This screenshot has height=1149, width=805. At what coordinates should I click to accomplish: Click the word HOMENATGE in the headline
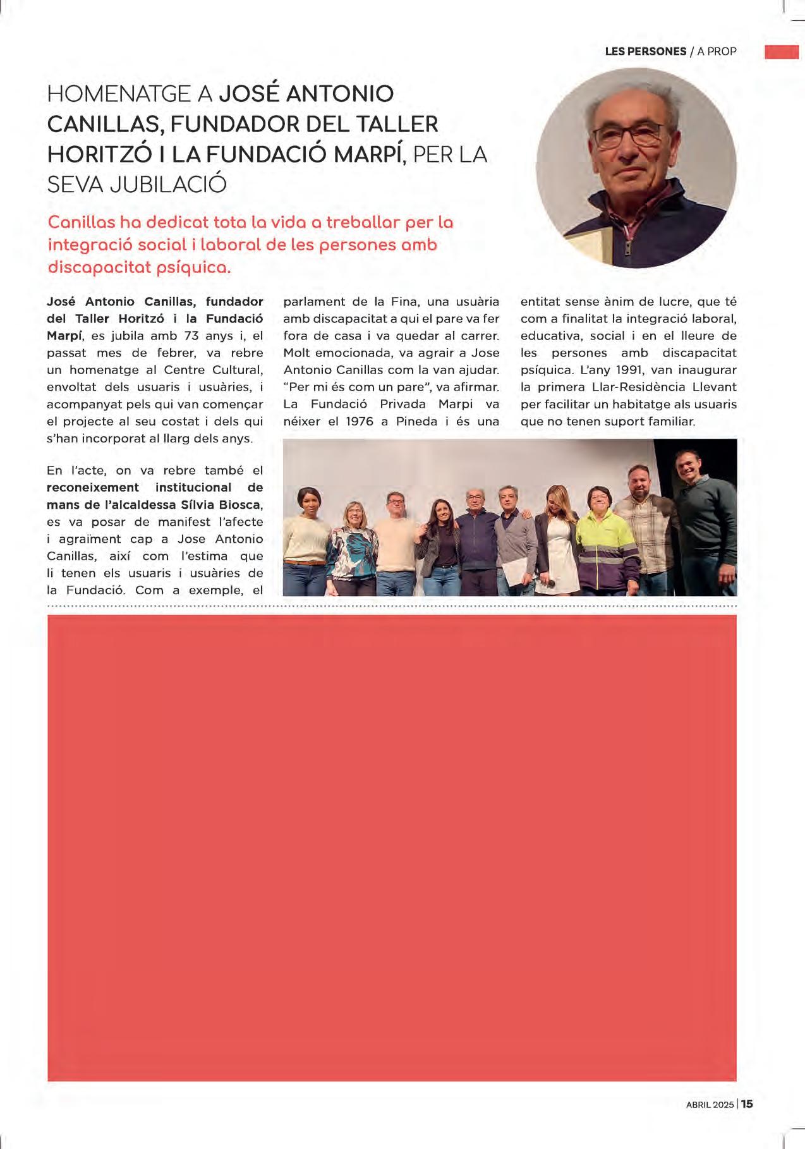tap(119, 94)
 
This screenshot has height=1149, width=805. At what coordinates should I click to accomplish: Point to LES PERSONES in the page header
tap(645, 51)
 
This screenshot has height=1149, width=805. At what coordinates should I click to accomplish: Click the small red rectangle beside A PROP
tap(782, 52)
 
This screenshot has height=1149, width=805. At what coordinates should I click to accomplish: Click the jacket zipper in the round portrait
tap(627, 243)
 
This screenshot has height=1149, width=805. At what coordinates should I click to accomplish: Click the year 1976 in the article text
tap(360, 421)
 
